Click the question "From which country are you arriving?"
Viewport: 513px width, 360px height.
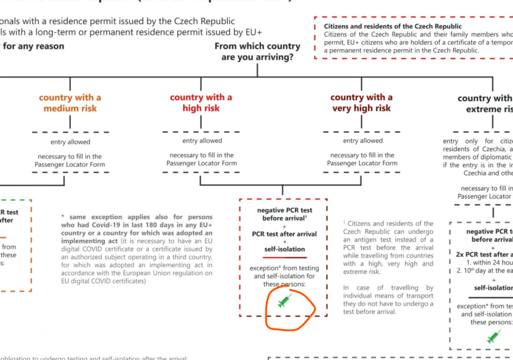pyautogui.click(x=257, y=51)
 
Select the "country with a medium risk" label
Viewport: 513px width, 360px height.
pyautogui.click(x=70, y=102)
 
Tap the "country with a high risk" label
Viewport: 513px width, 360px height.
pyautogui.click(x=201, y=102)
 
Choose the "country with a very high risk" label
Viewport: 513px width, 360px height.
pyautogui.click(x=361, y=102)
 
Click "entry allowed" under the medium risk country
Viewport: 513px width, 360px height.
pyautogui.click(x=70, y=142)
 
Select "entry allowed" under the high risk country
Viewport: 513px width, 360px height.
pyautogui.click(x=202, y=141)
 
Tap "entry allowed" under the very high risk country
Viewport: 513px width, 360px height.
pyautogui.click(x=363, y=141)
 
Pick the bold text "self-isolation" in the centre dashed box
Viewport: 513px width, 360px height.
pyautogui.click(x=285, y=249)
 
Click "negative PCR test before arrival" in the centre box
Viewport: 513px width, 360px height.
pyautogui.click(x=285, y=214)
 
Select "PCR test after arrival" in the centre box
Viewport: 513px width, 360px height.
pyautogui.click(x=285, y=234)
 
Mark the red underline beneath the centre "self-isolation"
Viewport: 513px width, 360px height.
pyautogui.click(x=285, y=258)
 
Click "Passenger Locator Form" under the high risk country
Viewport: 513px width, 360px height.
pyautogui.click(x=202, y=163)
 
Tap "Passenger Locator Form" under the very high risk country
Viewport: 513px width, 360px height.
pyautogui.click(x=362, y=163)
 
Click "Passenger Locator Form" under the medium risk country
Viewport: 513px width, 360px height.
pyautogui.click(x=70, y=164)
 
